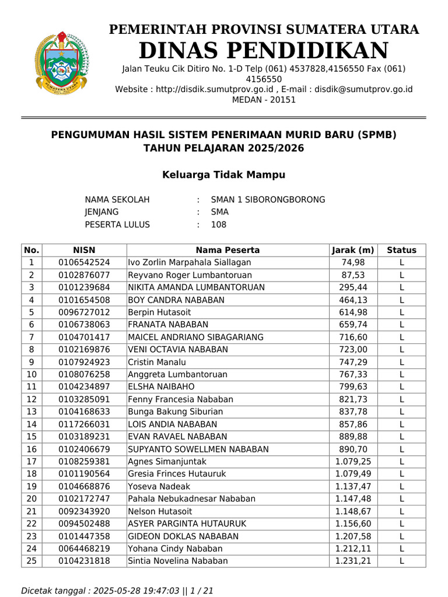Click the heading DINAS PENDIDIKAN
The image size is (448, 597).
point(264,51)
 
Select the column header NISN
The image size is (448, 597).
point(84,250)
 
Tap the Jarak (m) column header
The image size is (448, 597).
point(353,250)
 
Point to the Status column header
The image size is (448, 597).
point(401,250)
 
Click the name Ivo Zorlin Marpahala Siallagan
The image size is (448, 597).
point(190,262)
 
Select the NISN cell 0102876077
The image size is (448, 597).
point(84,275)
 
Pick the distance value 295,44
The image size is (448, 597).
point(353,287)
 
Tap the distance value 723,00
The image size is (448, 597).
point(353,350)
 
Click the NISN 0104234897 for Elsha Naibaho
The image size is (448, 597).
point(84,387)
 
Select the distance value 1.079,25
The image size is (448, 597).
point(353,462)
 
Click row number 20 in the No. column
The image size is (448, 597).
point(32,499)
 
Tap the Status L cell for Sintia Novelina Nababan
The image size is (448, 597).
point(401,561)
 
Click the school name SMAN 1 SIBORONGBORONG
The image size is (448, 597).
point(268,200)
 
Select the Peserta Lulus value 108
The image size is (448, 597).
point(219,225)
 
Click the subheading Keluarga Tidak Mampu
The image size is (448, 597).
point(223,175)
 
